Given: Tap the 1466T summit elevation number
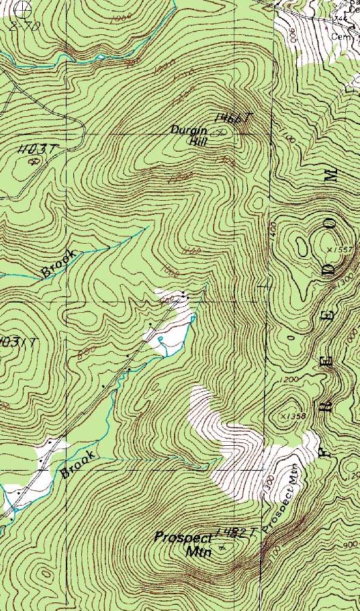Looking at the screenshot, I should [232, 118].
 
